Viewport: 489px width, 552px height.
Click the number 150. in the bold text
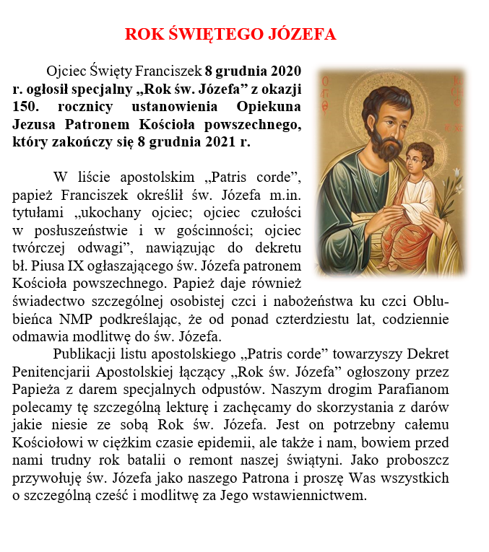[27, 107]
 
